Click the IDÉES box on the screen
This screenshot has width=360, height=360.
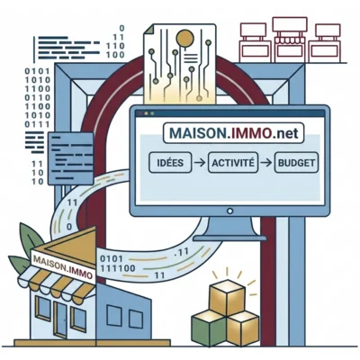pyautogui.click(x=170, y=163)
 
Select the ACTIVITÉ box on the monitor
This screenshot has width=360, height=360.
pyautogui.click(x=233, y=163)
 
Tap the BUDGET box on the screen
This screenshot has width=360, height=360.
pyautogui.click(x=296, y=163)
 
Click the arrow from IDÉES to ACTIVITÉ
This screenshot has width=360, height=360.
pyautogui.click(x=200, y=163)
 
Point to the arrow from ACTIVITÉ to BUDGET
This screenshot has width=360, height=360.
pyautogui.click(x=266, y=163)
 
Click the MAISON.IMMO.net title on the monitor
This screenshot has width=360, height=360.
pyautogui.click(x=234, y=133)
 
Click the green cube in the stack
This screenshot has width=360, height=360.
pyautogui.click(x=209, y=328)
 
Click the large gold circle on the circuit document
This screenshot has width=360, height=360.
pyautogui.click(x=185, y=38)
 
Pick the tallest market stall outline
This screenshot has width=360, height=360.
pyautogui.click(x=290, y=40)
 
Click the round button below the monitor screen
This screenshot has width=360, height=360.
pyautogui.click(x=230, y=211)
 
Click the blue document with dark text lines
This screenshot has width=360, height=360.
pyautogui.click(x=70, y=158)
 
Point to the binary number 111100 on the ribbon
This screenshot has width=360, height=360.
pyautogui.click(x=118, y=268)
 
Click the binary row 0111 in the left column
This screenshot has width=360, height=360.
pyautogui.click(x=37, y=124)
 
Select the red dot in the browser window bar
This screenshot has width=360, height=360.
pyautogui.click(x=139, y=113)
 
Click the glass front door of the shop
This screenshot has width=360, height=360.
pyautogui.click(x=61, y=319)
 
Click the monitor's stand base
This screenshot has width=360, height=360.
pyautogui.click(x=229, y=238)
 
